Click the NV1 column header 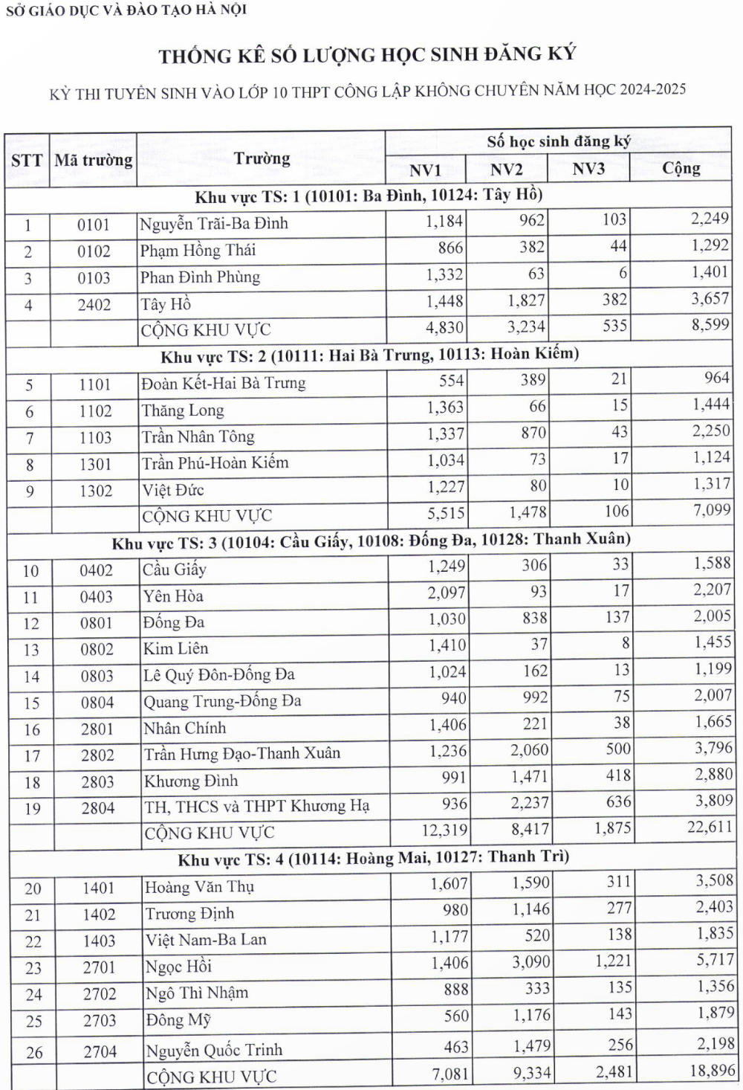pyautogui.click(x=425, y=170)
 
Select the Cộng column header pyautogui.click(x=681, y=168)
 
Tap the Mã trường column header pyautogui.click(x=94, y=160)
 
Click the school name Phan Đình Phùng pyautogui.click(x=200, y=277)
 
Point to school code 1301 pyautogui.click(x=96, y=465)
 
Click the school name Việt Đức pyautogui.click(x=173, y=490)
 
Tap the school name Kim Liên pyautogui.click(x=175, y=649)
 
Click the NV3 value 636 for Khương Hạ pyautogui.click(x=618, y=802)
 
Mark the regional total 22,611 pyautogui.click(x=710, y=827)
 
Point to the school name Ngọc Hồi pyautogui.click(x=178, y=966)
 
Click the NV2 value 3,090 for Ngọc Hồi pyautogui.click(x=531, y=962)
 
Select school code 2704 pyautogui.click(x=100, y=1051)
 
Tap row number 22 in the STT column pyautogui.click(x=33, y=941)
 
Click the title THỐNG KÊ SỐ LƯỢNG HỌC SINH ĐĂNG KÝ pyautogui.click(x=367, y=55)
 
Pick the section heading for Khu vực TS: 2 pyautogui.click(x=369, y=355)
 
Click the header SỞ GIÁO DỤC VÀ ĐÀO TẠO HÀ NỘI pyautogui.click(x=126, y=10)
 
